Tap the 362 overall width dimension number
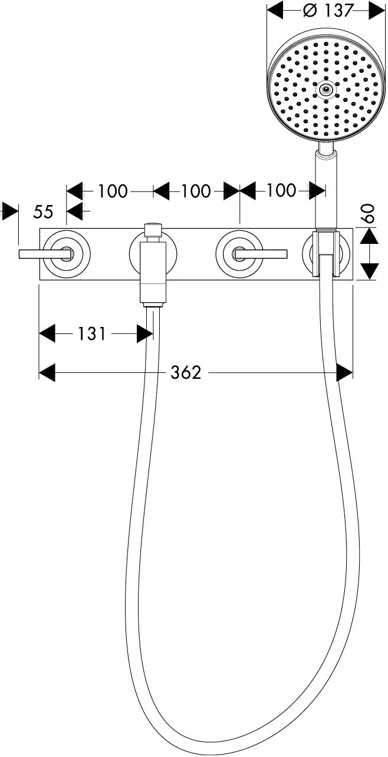[186, 373]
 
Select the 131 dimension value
[92, 334]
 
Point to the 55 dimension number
[44, 212]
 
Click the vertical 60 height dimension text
[369, 213]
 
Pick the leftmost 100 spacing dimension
[113, 191]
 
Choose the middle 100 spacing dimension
[196, 191]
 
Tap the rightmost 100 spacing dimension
[281, 191]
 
